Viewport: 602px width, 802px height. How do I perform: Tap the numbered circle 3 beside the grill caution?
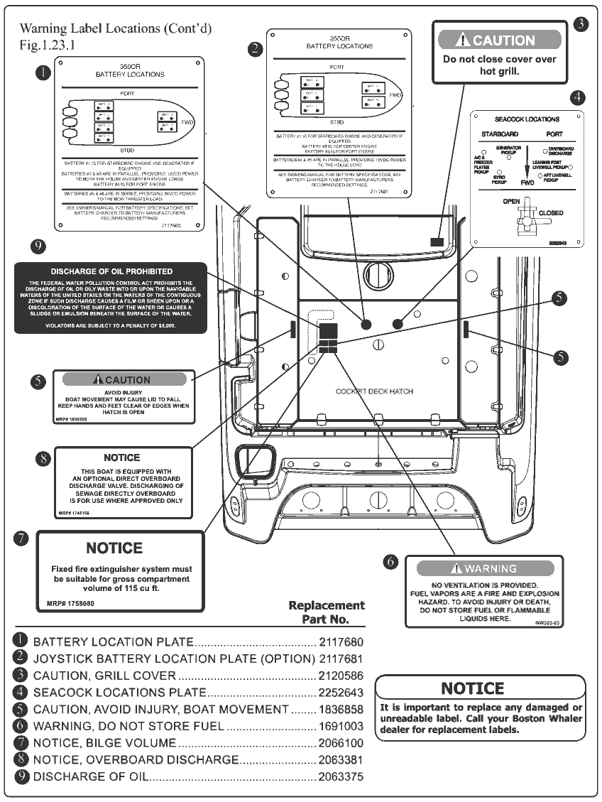(581, 24)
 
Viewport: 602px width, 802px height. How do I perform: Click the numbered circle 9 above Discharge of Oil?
(39, 246)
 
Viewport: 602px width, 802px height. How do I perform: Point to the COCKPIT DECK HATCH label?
(374, 391)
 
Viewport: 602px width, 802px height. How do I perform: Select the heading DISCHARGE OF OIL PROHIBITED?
(111, 271)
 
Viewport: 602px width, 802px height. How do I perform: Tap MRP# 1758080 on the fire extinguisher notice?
(66, 603)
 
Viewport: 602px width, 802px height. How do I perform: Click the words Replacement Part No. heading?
(327, 612)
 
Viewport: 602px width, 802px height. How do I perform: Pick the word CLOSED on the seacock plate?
(551, 213)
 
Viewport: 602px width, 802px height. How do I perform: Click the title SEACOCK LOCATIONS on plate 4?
(527, 119)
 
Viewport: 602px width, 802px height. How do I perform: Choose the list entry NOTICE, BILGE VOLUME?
(104, 743)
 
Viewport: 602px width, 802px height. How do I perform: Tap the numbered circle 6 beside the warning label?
(391, 562)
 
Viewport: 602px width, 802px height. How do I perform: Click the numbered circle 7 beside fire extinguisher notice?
(22, 538)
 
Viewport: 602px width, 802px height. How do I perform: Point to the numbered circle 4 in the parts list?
(21, 692)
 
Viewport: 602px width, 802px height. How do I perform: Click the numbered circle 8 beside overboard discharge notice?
(43, 458)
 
